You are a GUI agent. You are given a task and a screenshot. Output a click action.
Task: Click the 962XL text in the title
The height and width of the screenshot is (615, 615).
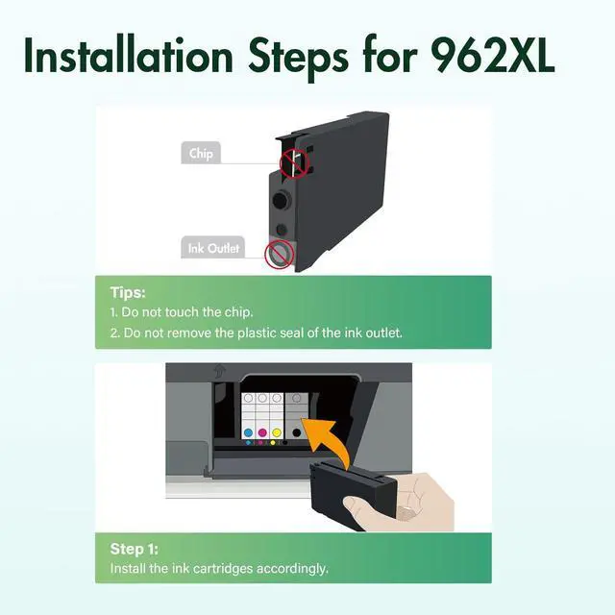tap(492, 56)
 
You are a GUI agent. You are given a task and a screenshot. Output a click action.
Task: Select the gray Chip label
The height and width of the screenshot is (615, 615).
tap(201, 153)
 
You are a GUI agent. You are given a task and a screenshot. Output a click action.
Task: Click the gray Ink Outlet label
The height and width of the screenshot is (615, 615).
tap(213, 248)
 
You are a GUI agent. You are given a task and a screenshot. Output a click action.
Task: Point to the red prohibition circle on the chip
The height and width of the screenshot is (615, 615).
tap(294, 163)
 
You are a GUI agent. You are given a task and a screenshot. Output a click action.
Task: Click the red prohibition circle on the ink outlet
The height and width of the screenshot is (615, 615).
tap(279, 254)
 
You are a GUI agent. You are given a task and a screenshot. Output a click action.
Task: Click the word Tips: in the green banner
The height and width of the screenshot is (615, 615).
tap(128, 292)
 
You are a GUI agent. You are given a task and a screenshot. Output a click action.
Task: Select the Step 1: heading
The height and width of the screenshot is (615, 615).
tap(135, 549)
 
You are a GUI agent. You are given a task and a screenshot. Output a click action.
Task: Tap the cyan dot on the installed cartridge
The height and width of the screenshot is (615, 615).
tap(248, 433)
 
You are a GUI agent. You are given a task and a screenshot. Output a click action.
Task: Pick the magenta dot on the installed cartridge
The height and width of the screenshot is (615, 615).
tap(262, 433)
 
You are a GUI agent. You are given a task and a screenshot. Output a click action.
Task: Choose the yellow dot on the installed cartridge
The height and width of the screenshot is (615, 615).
tap(277, 433)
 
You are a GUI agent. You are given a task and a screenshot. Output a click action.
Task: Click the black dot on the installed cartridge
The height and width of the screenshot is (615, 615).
tap(297, 433)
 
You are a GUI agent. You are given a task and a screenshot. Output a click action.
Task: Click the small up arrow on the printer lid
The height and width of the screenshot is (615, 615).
tap(219, 371)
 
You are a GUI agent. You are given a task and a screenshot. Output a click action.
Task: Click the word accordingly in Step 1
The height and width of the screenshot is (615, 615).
tap(292, 569)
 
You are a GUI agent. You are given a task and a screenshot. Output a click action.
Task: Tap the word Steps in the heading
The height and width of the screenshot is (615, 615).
tap(299, 58)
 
